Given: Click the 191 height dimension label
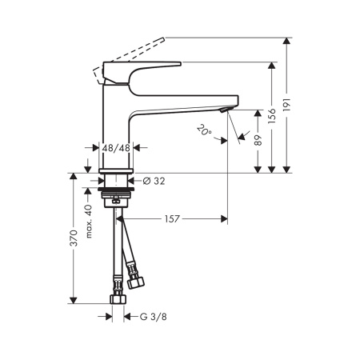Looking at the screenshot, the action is click(x=286, y=105).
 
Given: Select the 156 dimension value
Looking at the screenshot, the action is click(x=272, y=116).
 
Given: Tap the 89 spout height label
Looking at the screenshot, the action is click(x=258, y=140).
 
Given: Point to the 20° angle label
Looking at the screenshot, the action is click(x=204, y=130).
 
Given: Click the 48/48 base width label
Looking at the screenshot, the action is click(x=116, y=148).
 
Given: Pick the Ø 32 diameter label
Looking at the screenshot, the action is click(x=154, y=181).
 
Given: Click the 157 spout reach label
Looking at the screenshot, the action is click(x=172, y=219).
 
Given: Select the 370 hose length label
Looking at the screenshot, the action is click(x=74, y=238).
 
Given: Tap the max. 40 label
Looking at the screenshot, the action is click(x=89, y=222).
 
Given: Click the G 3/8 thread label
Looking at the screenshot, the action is click(x=154, y=317).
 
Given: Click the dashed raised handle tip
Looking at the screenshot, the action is click(x=162, y=39).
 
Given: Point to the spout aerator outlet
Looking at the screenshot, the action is click(x=224, y=110).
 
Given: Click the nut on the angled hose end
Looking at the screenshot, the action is click(x=135, y=282).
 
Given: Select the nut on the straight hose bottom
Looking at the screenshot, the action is click(x=118, y=299).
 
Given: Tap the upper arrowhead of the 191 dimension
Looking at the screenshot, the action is click(x=286, y=41).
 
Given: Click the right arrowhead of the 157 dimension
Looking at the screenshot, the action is click(x=224, y=219).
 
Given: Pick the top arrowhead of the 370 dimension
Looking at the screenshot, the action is click(x=74, y=177).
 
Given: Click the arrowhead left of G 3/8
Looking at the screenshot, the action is click(x=108, y=317).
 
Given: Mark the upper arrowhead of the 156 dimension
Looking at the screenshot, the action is click(x=272, y=66).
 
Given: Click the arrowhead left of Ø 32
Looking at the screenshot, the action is click(x=101, y=181).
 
